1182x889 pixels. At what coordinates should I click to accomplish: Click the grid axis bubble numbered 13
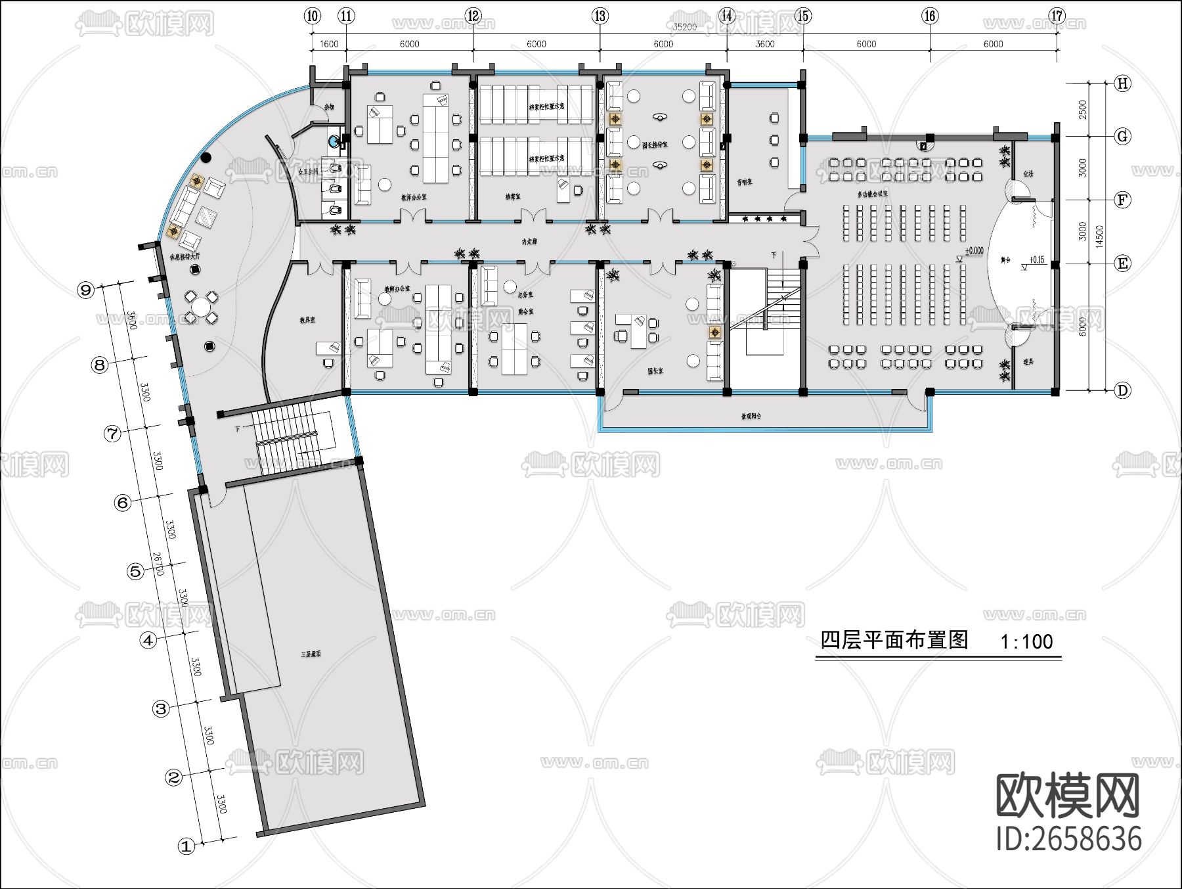coord(600,16)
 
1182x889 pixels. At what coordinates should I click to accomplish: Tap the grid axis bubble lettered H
coord(1123,83)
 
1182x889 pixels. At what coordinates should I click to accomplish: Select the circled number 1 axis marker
coord(186,846)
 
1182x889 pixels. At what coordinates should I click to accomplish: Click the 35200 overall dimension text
coord(684,27)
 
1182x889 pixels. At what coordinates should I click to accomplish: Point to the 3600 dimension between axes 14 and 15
coord(765,44)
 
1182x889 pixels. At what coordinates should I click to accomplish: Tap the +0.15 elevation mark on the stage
coord(1036,260)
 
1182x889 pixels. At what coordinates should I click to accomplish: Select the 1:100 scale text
coord(1026,641)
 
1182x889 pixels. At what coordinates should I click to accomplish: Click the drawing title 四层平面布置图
coord(894,640)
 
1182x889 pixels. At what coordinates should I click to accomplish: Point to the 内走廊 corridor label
coord(529,242)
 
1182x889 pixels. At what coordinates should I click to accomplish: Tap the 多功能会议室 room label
coord(873,194)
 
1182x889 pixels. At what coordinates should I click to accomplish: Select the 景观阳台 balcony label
coord(751,416)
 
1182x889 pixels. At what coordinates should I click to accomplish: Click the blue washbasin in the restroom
coord(334,141)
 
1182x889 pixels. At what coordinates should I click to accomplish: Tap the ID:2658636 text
coord(1068,839)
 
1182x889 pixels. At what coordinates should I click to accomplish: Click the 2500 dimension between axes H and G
coord(1083,110)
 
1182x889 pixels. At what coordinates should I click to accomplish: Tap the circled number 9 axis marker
coord(85,290)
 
